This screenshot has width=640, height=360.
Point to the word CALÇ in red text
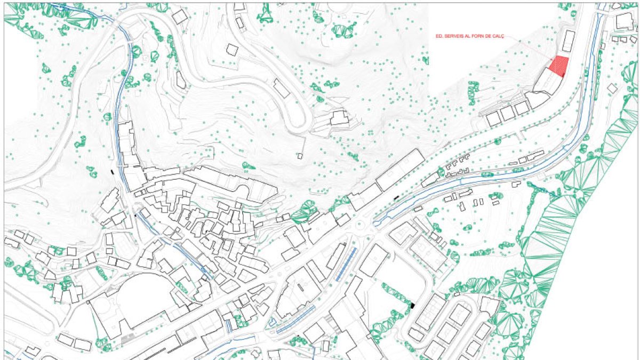coord(498,37)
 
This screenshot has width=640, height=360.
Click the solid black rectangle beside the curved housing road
coord(412,306)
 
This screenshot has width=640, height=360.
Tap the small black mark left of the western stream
coord(111,172)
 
